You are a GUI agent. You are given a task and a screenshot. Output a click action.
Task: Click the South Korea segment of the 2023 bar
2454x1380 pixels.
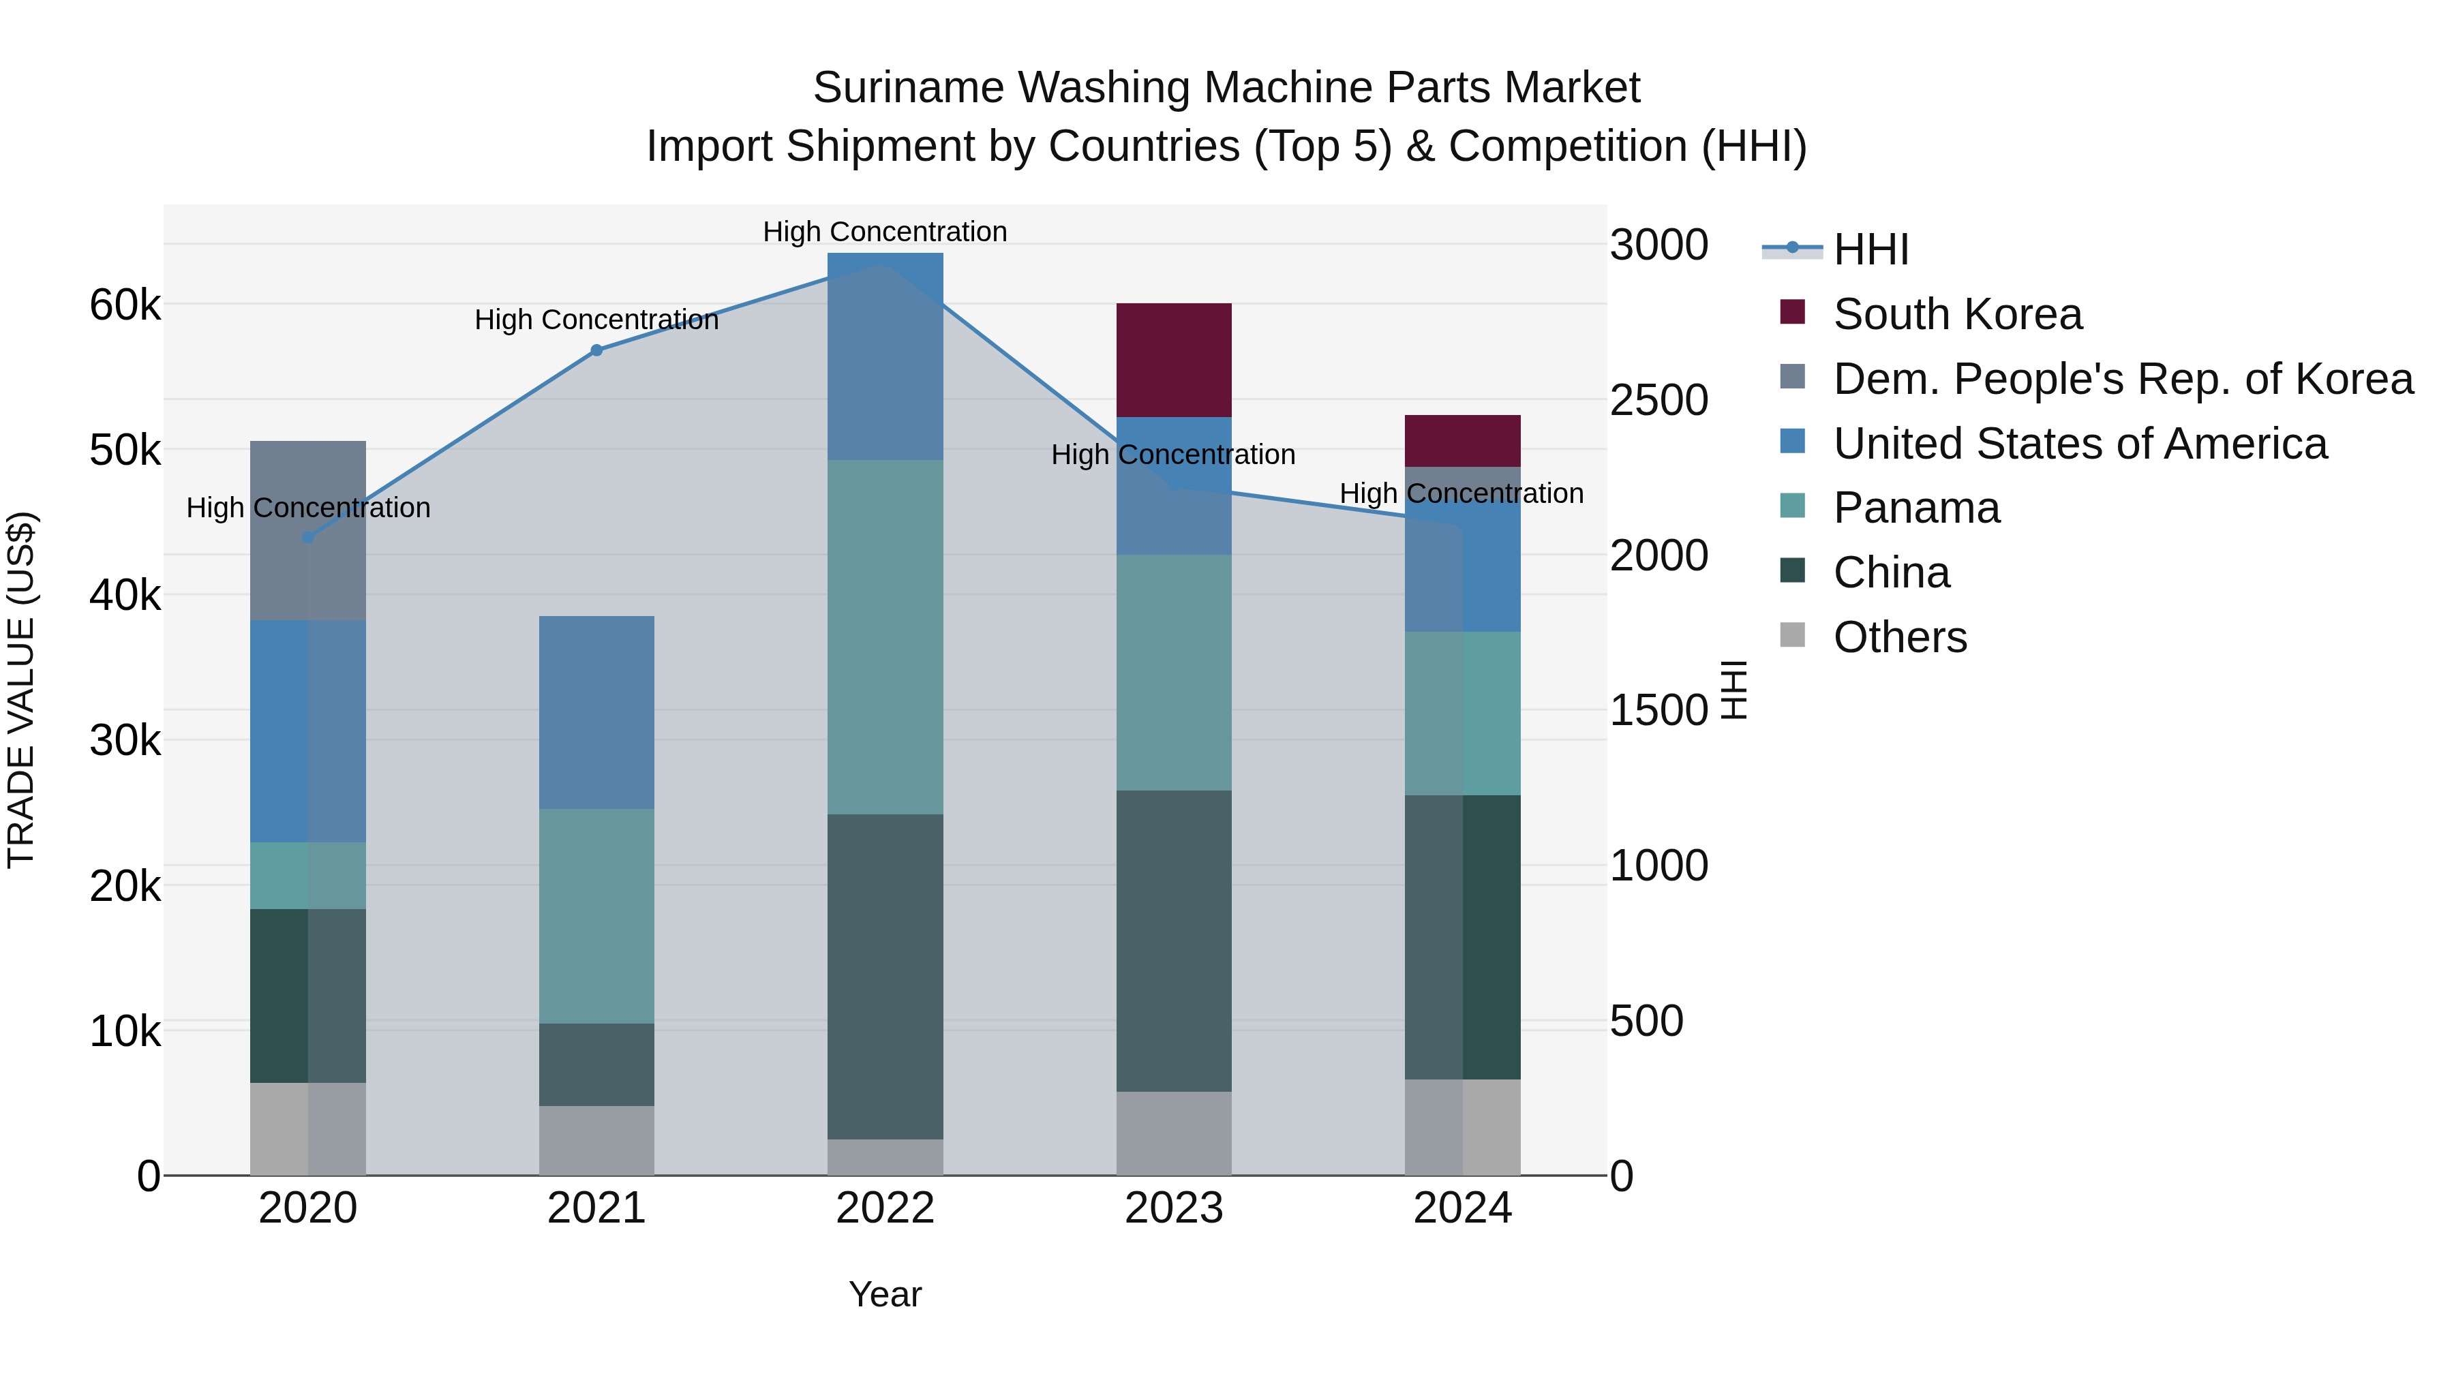1174,360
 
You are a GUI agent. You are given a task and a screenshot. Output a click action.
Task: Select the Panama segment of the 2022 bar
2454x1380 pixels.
885,637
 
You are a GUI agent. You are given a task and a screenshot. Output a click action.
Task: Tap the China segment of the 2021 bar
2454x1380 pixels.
596,1064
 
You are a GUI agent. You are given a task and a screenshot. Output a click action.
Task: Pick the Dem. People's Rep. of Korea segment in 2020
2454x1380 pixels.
307,530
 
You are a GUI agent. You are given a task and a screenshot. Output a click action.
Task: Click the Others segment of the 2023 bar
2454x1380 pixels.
1174,1133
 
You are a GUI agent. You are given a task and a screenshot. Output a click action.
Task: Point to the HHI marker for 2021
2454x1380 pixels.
596,350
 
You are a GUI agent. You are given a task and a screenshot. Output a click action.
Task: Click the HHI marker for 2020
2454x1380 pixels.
307,537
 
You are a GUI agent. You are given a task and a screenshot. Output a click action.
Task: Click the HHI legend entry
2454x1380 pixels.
1870,249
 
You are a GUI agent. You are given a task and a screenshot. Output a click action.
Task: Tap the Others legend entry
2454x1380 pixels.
1900,637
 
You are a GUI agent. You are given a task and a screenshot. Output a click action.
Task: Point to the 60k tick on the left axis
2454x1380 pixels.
125,306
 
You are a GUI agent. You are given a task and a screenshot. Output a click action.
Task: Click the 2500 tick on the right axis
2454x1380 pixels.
1658,400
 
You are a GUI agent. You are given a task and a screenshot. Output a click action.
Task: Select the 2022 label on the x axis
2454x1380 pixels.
885,1208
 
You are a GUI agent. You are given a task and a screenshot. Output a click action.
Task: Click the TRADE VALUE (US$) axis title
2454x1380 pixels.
21,690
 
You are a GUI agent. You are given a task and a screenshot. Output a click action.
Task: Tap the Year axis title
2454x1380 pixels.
885,1294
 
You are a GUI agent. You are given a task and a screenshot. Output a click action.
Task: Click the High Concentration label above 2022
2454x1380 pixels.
885,232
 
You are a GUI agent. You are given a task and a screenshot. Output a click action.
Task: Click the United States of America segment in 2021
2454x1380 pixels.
596,711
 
